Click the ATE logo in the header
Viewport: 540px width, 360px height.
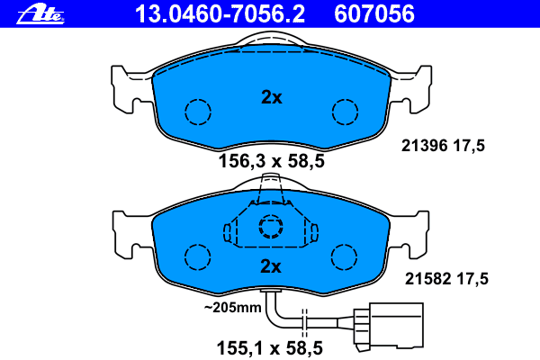click(40, 14)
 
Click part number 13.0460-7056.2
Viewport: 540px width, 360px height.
click(220, 14)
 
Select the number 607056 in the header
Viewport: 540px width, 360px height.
click(374, 14)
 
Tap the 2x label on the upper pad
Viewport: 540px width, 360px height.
click(272, 97)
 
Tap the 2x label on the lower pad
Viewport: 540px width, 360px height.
click(271, 266)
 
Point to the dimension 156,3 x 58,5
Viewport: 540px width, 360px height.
click(272, 161)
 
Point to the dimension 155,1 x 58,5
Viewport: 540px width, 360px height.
click(270, 348)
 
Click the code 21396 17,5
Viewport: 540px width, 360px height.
click(443, 146)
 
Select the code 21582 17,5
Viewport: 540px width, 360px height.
click(446, 279)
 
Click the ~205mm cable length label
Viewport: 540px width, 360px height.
click(232, 307)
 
